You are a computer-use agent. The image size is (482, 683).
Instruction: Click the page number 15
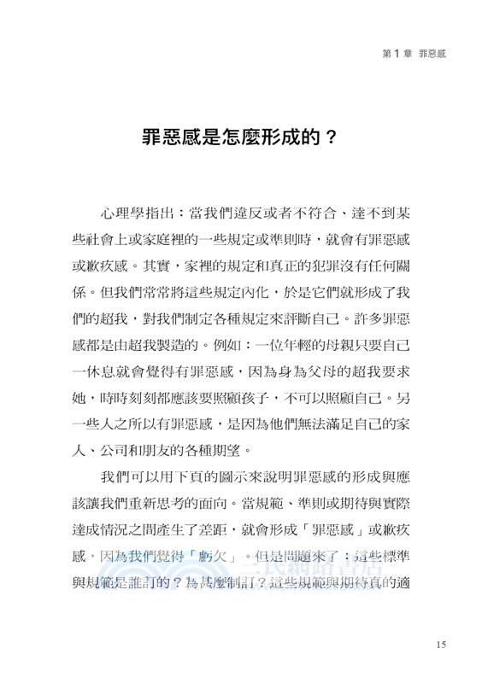(x=441, y=645)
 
